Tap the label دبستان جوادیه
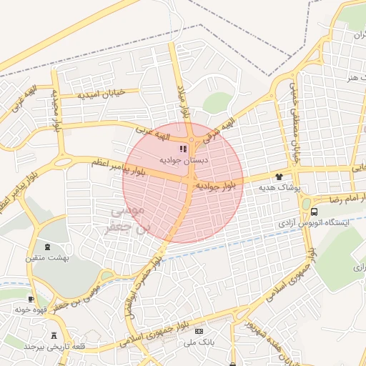click(184, 160)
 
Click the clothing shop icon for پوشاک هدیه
click(279, 176)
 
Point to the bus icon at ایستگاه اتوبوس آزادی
click(315, 212)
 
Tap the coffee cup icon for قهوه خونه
click(30, 299)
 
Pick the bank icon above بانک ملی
click(199, 331)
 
